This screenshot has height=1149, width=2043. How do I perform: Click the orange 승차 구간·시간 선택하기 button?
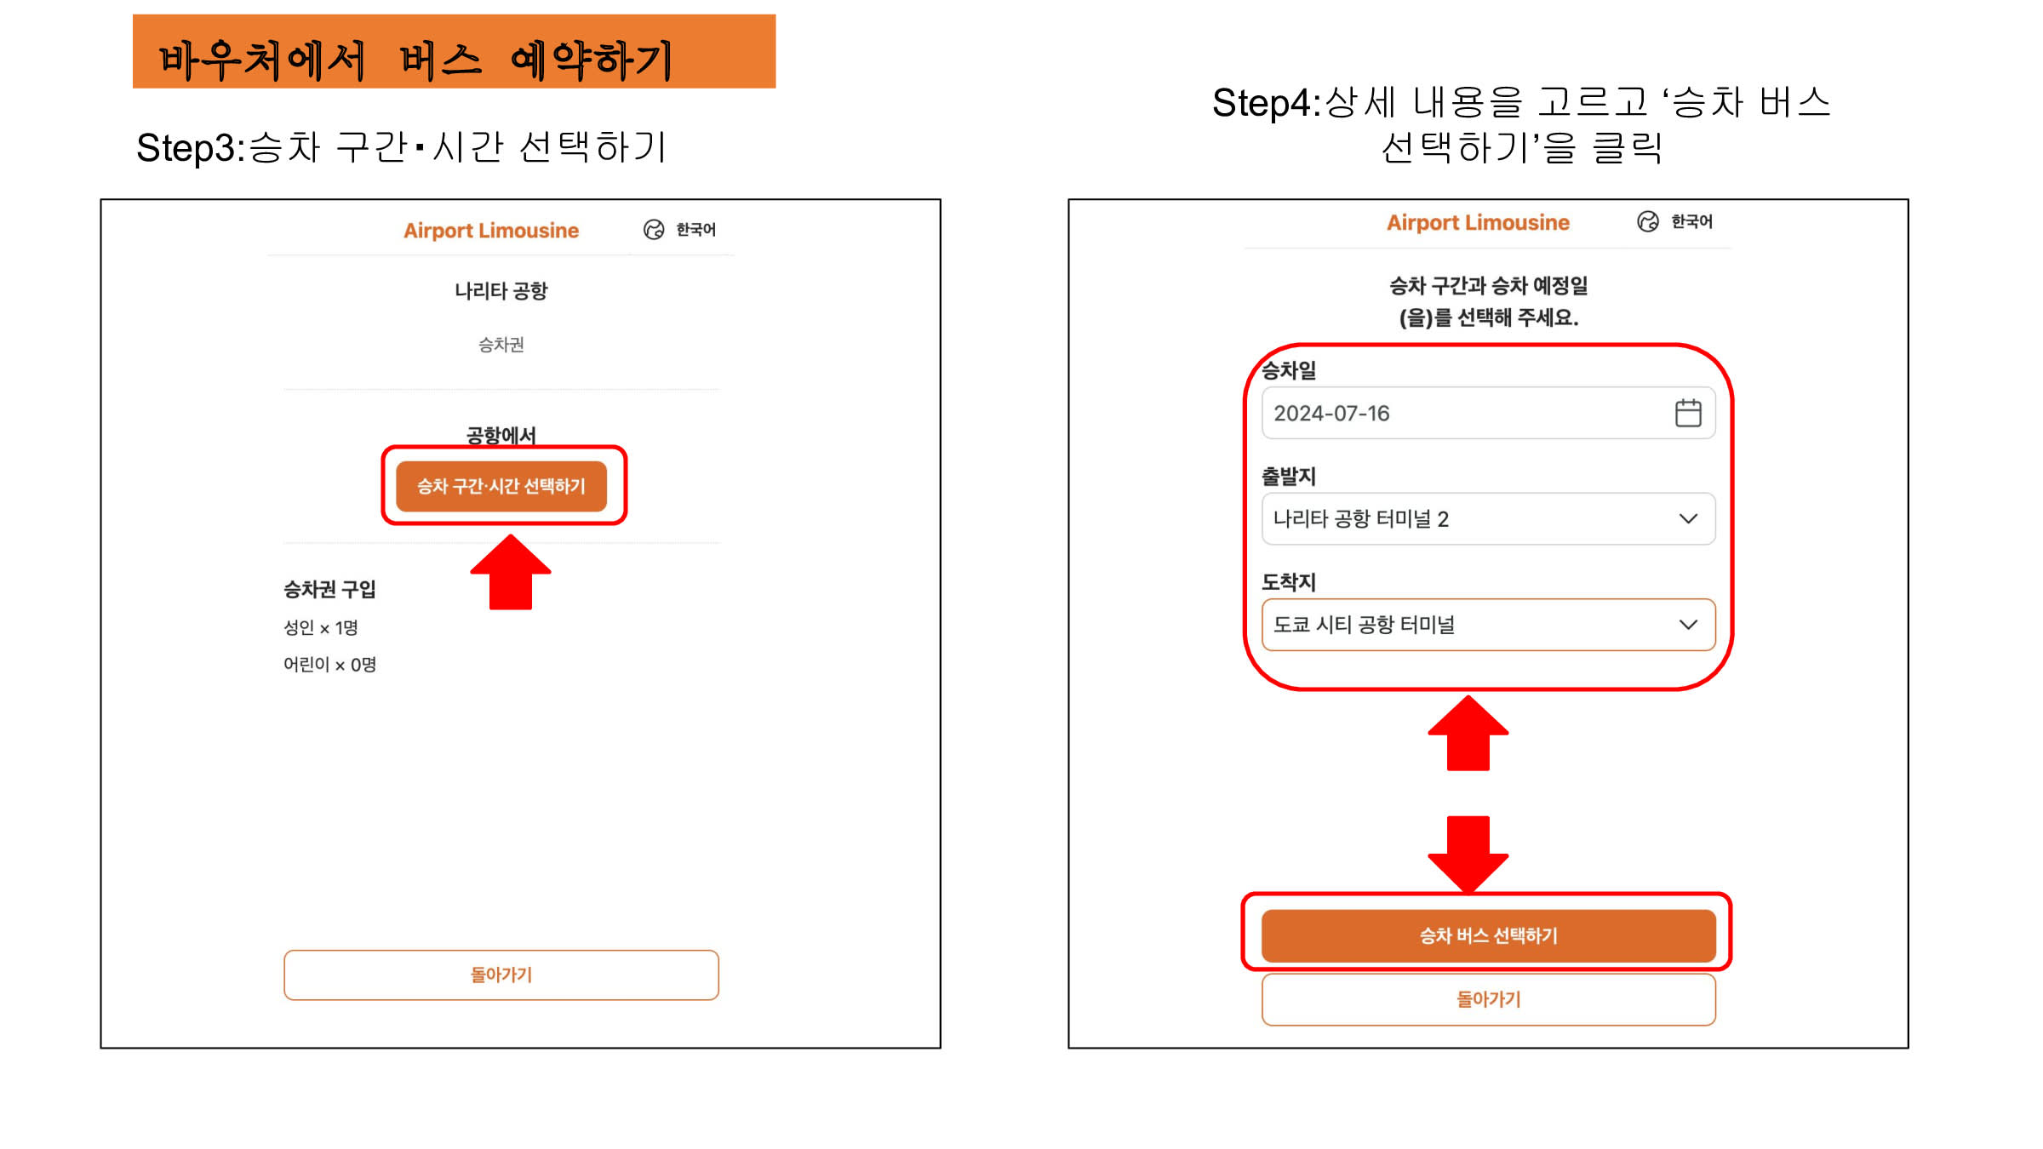[x=501, y=486]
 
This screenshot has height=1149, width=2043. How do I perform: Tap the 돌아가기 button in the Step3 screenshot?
[x=501, y=975]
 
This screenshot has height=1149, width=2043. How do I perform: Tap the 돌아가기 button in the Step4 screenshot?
[x=1489, y=999]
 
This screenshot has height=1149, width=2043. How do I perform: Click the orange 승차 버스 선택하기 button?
[x=1489, y=935]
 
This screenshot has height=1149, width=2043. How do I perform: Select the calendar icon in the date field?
[x=1688, y=413]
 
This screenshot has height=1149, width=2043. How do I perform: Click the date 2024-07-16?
[x=1331, y=414]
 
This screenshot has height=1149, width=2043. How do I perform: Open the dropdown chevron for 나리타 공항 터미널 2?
[x=1688, y=519]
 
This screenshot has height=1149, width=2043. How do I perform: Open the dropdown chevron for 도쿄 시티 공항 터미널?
[x=1688, y=625]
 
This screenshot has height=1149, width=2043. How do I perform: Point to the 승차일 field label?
[x=1289, y=370]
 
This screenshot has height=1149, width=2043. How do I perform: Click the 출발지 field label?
[x=1289, y=476]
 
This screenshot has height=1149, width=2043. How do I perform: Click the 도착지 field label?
[x=1289, y=582]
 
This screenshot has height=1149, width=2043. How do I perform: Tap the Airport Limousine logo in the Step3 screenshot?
[x=491, y=231]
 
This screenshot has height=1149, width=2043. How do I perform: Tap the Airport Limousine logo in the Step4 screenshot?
[x=1478, y=223]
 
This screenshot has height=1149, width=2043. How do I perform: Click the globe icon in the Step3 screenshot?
[x=654, y=230]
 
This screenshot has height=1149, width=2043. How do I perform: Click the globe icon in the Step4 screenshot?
[x=1648, y=222]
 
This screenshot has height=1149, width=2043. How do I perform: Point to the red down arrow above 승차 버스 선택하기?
[x=1468, y=854]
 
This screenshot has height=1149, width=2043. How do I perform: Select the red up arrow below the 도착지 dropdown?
[x=1468, y=733]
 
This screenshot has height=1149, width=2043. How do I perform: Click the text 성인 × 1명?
[x=321, y=628]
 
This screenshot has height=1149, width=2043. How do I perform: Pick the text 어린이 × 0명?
[x=329, y=665]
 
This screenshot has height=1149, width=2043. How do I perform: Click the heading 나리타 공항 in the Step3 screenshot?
[x=501, y=291]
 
